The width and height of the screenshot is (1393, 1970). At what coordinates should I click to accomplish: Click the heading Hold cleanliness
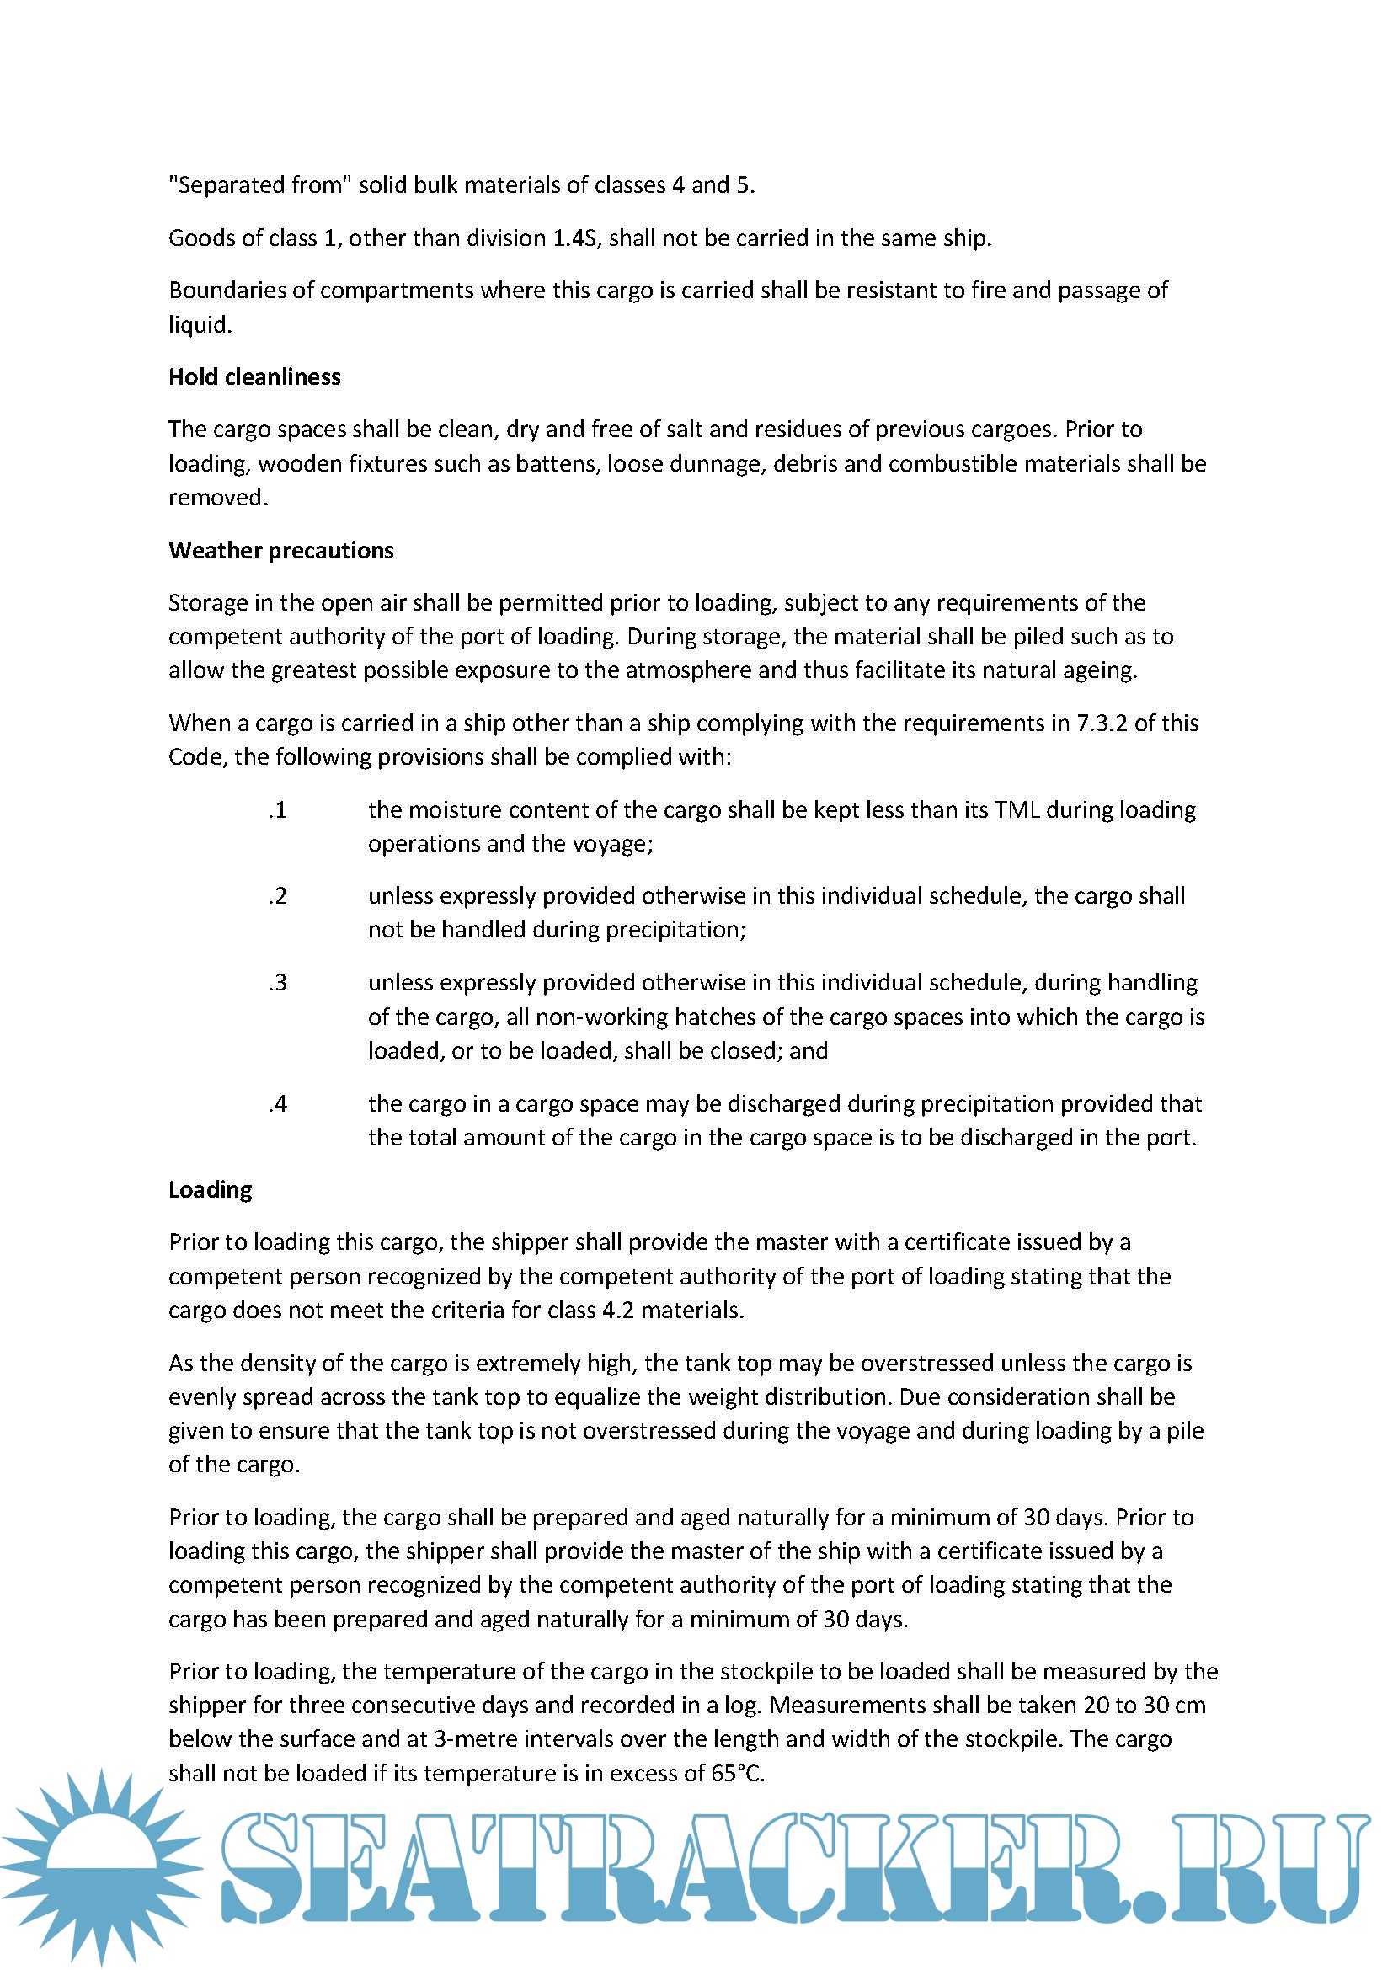(x=254, y=376)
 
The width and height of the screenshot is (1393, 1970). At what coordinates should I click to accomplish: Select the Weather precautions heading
(x=280, y=550)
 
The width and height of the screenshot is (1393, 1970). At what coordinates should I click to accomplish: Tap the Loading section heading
(x=211, y=1189)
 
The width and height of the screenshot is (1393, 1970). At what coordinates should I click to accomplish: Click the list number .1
(x=277, y=810)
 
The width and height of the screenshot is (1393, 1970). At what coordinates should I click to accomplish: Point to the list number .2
(x=277, y=896)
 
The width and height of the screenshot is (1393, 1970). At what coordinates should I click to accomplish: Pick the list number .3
(x=277, y=982)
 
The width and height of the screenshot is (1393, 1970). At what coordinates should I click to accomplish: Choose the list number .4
(x=277, y=1103)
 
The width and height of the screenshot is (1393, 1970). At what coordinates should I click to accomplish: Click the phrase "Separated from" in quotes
(x=260, y=185)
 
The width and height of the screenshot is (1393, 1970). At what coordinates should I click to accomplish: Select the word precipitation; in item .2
(x=677, y=929)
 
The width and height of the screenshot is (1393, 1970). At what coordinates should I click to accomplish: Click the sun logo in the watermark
(x=101, y=1864)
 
